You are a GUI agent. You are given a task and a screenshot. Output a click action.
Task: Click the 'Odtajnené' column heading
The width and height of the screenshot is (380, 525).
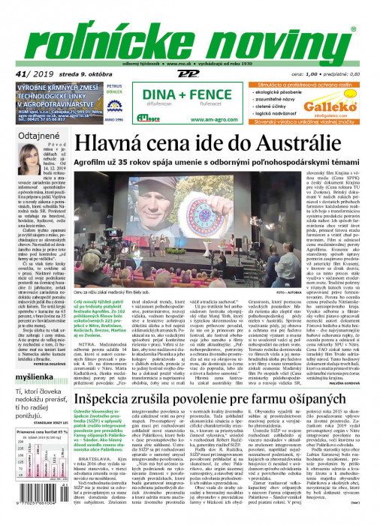[29, 136]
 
